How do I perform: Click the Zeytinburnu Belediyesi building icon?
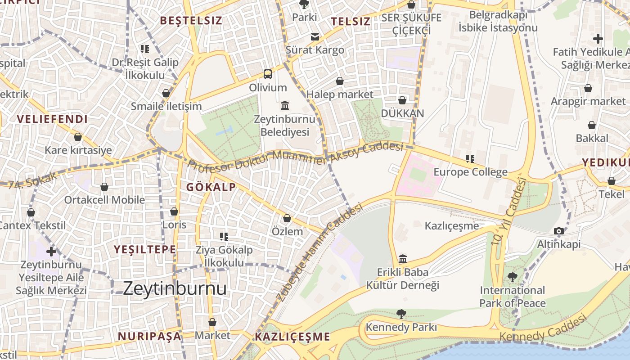coord(285,106)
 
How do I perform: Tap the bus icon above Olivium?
coord(268,74)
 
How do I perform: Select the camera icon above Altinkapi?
coord(559,231)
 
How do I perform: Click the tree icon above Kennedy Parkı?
coord(401,314)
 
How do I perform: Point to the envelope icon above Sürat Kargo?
coord(315,37)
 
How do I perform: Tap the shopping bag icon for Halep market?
coord(340,81)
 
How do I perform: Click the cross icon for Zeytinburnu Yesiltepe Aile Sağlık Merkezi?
coord(51,251)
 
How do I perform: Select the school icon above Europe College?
coord(470,158)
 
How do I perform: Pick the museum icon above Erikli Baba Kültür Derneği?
coord(403,259)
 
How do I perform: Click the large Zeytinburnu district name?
coord(175,288)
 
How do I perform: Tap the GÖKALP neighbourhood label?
coord(211,187)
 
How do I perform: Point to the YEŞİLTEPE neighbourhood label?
coord(145,249)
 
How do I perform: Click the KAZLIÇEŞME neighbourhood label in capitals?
coord(292,337)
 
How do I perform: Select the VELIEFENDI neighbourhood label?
coord(52,119)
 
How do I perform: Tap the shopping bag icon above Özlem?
coord(287,218)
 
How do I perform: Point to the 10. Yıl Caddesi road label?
coord(509,211)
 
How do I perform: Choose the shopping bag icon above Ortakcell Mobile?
coord(104,186)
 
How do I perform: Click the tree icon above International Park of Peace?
coord(512,277)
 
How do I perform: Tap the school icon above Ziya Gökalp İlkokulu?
coord(224,236)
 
